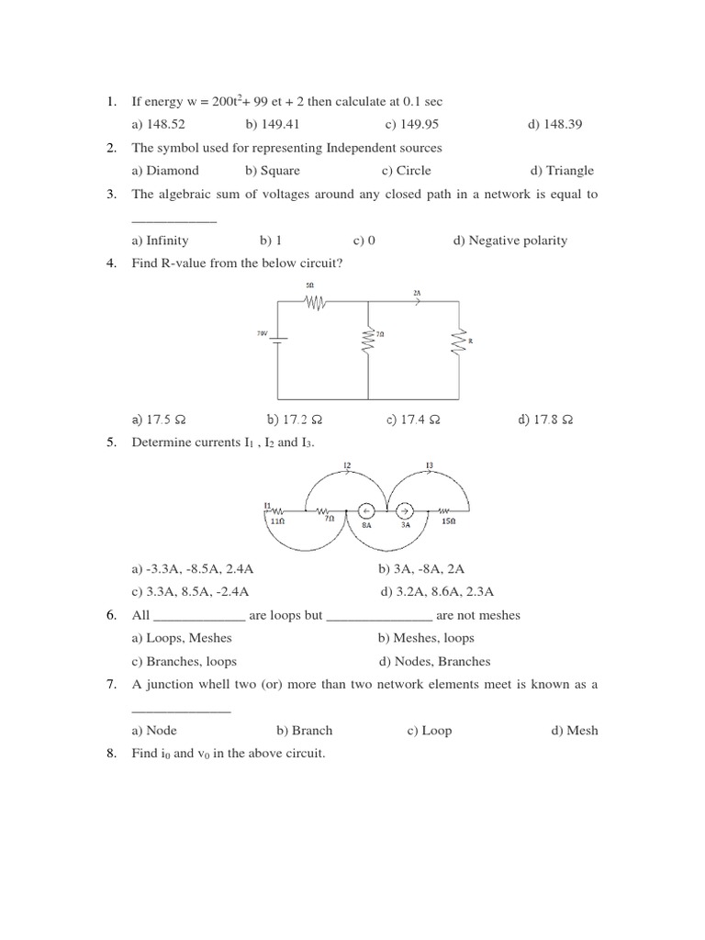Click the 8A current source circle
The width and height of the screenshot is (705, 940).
[364, 511]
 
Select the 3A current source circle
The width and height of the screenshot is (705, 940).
[405, 511]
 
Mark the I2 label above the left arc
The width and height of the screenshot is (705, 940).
[347, 465]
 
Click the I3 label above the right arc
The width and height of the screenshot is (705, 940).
[429, 465]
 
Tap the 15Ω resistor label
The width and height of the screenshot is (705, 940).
[448, 521]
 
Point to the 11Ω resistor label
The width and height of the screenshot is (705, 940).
[276, 520]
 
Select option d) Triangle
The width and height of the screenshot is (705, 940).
[562, 171]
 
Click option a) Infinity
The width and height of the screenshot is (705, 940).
[160, 241]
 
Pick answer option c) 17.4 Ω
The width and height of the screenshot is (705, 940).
[413, 420]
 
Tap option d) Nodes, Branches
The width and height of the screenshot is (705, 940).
[434, 662]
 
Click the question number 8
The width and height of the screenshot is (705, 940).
[110, 755]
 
